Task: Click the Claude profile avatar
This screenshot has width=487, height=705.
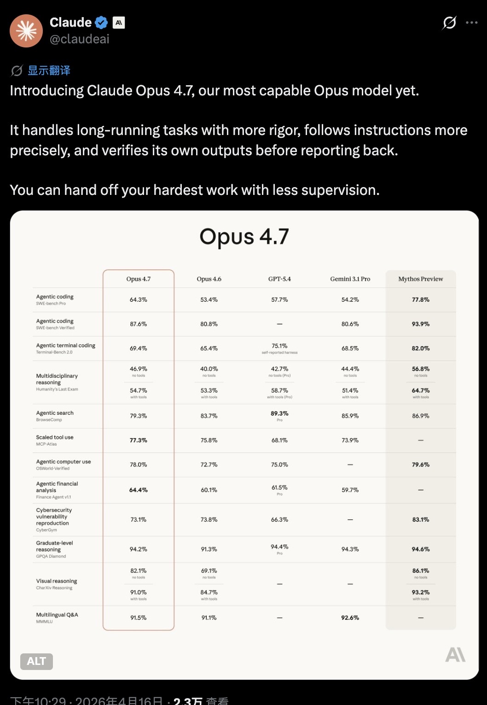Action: tap(26, 31)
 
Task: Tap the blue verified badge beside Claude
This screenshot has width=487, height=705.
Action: tap(101, 23)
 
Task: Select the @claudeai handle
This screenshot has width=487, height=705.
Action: tap(79, 39)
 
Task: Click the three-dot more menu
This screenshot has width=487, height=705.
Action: tap(471, 23)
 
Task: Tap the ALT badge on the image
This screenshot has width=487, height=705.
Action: tap(36, 661)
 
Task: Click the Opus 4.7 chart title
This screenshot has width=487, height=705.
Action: tap(244, 237)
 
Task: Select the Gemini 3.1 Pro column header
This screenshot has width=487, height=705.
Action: tap(350, 279)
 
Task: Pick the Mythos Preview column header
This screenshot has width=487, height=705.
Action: tap(420, 279)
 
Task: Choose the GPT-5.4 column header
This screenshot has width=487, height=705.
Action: tap(279, 279)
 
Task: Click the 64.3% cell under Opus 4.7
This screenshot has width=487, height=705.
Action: tap(138, 300)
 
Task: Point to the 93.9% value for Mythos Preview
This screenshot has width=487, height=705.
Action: tap(420, 324)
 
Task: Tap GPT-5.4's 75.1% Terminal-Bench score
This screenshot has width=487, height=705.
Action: tap(279, 346)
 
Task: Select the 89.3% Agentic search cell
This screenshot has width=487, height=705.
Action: tap(279, 414)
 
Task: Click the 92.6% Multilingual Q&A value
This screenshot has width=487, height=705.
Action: tap(350, 617)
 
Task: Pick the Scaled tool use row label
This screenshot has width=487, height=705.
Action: tap(54, 438)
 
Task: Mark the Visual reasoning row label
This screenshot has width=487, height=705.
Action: tap(56, 582)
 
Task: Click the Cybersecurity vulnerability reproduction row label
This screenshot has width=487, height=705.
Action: tap(54, 517)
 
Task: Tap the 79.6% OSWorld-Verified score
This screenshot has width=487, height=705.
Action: tap(420, 464)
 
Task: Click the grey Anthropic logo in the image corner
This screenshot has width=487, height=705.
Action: tap(455, 655)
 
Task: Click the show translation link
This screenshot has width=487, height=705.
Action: tap(49, 70)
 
